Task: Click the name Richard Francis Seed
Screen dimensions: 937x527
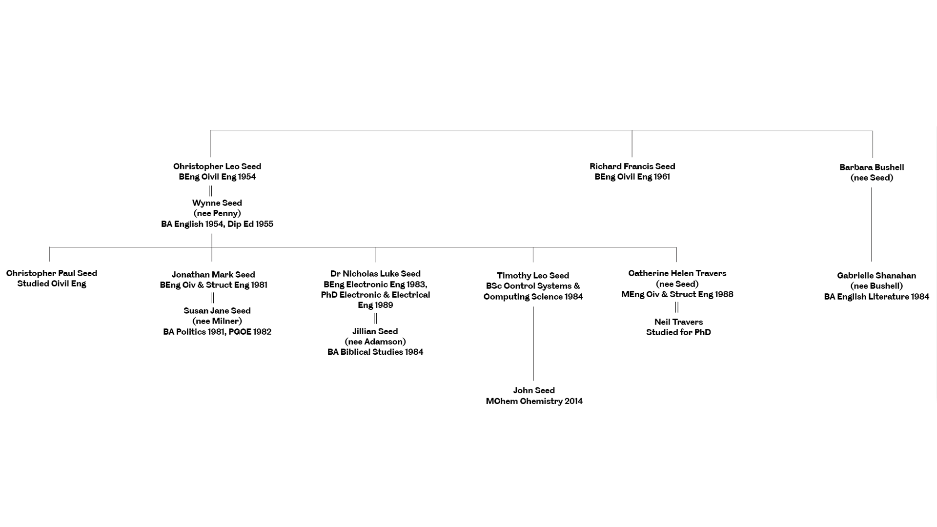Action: pyautogui.click(x=632, y=166)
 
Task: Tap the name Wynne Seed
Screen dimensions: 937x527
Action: pyautogui.click(x=217, y=203)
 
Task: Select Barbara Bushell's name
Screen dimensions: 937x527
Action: pyautogui.click(x=872, y=167)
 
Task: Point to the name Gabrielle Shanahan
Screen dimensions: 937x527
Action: pyautogui.click(x=876, y=276)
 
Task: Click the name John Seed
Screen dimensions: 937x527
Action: pyautogui.click(x=534, y=390)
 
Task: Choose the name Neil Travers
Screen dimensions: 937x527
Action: pyautogui.click(x=678, y=322)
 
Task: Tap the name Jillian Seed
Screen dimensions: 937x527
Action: pyautogui.click(x=375, y=331)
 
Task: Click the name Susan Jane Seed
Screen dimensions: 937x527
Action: pyautogui.click(x=217, y=311)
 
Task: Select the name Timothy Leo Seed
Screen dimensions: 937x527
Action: pyautogui.click(x=533, y=276)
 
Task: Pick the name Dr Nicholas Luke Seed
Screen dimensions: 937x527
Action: pyautogui.click(x=375, y=274)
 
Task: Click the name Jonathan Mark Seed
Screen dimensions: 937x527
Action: pyautogui.click(x=213, y=275)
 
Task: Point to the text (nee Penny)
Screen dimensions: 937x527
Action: pyautogui.click(x=217, y=213)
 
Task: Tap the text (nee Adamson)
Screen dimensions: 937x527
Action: pyautogui.click(x=375, y=342)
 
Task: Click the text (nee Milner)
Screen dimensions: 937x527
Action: pyautogui.click(x=217, y=321)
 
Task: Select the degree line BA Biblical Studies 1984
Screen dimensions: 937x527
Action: pyautogui.click(x=375, y=352)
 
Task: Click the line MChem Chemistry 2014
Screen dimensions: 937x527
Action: pyautogui.click(x=534, y=401)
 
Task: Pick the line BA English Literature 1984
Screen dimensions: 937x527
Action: pyautogui.click(x=876, y=297)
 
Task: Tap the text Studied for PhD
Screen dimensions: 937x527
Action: pyautogui.click(x=678, y=332)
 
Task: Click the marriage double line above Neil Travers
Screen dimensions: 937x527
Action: pyautogui.click(x=677, y=307)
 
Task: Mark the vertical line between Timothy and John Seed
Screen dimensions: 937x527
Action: pyautogui.click(x=533, y=344)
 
